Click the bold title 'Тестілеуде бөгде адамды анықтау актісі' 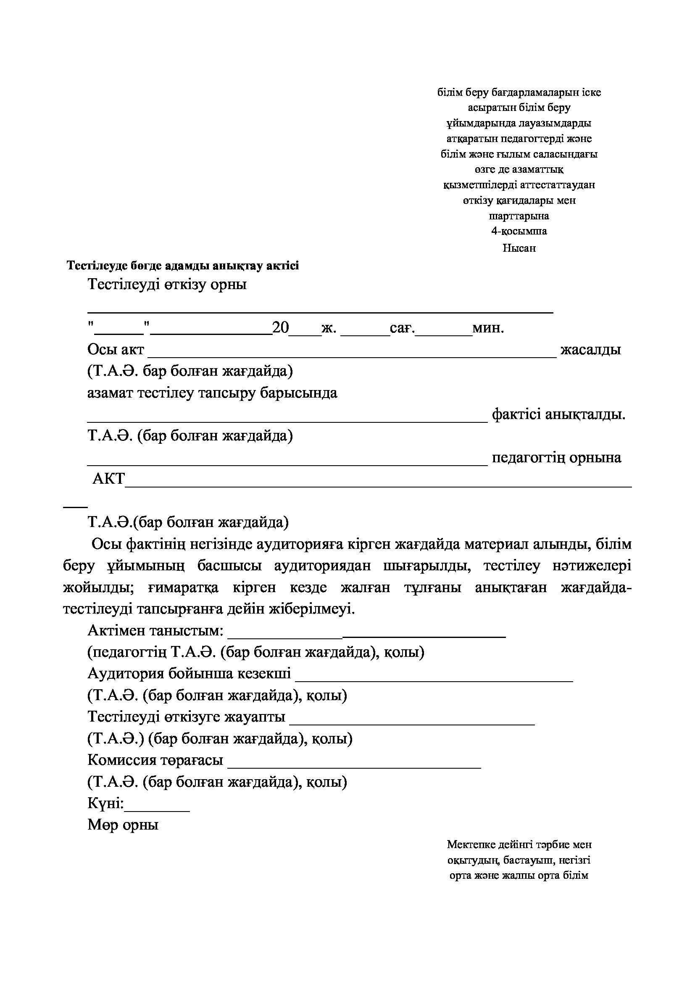[x=183, y=266]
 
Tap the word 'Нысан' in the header [x=519, y=248]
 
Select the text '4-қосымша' [x=519, y=231]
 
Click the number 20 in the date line [x=281, y=328]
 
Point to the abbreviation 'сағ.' [x=402, y=328]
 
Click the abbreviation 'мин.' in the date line [x=488, y=328]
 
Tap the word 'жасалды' [x=590, y=350]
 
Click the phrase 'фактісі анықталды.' [x=558, y=414]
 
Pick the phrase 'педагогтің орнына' [x=556, y=458]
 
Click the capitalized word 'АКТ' [x=109, y=479]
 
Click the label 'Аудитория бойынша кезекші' [x=189, y=673]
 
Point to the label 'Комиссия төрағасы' [x=155, y=760]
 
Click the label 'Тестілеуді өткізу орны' [x=167, y=284]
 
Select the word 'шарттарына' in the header [x=519, y=216]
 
